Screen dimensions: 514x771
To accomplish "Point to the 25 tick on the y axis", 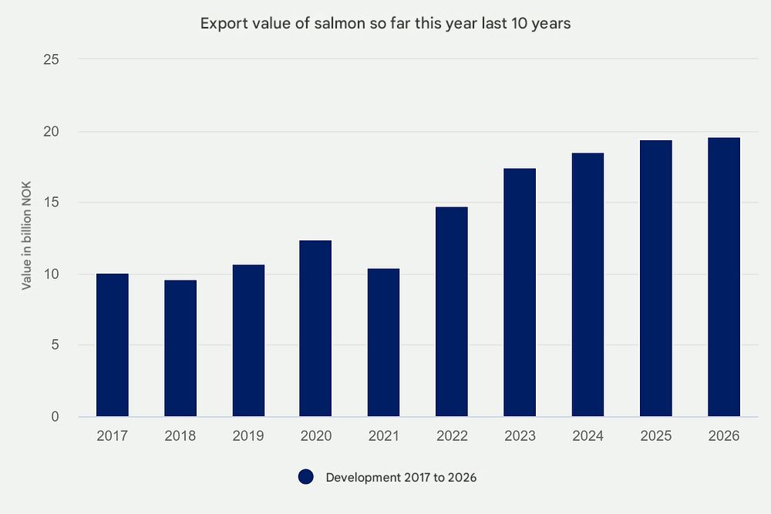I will click(52, 59).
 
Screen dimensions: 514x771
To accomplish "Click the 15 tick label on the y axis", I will click(52, 203).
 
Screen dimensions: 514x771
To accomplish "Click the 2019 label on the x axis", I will click(248, 436).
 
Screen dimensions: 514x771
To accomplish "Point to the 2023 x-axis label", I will click(520, 436).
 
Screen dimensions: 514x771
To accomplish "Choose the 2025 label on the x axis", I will click(655, 436).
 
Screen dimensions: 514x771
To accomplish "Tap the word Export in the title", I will click(221, 23).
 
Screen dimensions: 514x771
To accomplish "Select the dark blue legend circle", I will click(306, 477).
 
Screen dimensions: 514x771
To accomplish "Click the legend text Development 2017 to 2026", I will click(401, 477).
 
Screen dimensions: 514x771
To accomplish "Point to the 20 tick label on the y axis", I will click(52, 131).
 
